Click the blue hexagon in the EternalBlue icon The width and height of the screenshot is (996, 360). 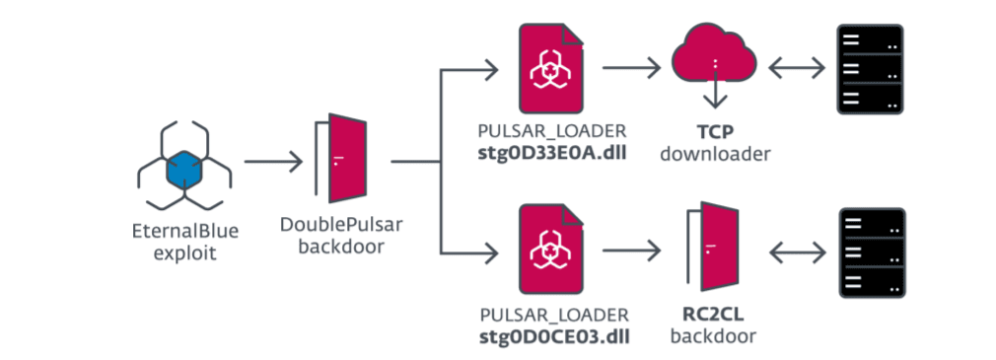184,172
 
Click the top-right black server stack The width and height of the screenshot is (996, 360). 870,69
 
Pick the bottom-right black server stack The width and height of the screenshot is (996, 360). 872,252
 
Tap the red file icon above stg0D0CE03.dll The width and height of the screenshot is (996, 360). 551,250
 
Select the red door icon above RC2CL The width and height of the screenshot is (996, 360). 713,247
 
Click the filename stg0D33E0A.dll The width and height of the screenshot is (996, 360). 552,153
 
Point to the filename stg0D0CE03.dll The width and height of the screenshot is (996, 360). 552,335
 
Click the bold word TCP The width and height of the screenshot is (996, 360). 715,133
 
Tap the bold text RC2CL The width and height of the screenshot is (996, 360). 714,315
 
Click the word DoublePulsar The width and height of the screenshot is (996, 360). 341,225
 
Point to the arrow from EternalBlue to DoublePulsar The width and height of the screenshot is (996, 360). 273,162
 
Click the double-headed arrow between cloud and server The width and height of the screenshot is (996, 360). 798,67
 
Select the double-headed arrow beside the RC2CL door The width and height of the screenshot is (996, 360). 798,253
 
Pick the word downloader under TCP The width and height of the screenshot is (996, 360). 715,153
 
